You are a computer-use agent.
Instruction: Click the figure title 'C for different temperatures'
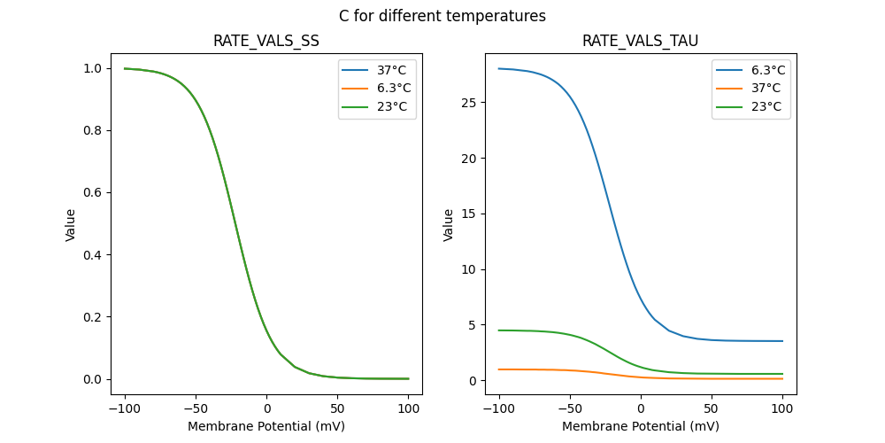pyautogui.click(x=442, y=16)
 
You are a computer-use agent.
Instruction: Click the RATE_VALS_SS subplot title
pyautogui.click(x=266, y=41)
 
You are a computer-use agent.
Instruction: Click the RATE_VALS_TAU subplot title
pyautogui.click(x=640, y=41)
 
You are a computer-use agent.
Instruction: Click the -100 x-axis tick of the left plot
pyautogui.click(x=125, y=409)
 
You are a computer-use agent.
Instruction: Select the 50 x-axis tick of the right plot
pyautogui.click(x=711, y=409)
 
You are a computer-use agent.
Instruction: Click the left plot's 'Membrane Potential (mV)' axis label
pyautogui.click(x=266, y=426)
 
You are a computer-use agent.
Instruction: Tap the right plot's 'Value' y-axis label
pyautogui.click(x=449, y=224)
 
